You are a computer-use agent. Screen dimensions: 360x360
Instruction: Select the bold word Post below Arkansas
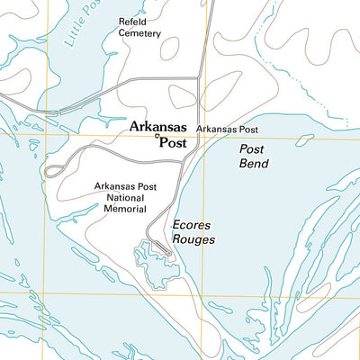click(172, 142)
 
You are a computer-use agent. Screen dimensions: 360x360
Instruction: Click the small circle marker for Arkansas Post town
click(157, 138)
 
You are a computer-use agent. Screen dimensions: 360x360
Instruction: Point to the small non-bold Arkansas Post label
click(228, 130)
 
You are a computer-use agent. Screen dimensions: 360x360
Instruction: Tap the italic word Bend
click(253, 164)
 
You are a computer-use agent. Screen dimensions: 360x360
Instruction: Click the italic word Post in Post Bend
click(252, 149)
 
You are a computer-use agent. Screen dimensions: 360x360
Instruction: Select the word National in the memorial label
click(126, 198)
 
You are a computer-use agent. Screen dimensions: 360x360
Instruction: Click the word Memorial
click(126, 209)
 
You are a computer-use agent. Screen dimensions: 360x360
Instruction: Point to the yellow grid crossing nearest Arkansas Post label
click(203, 138)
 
